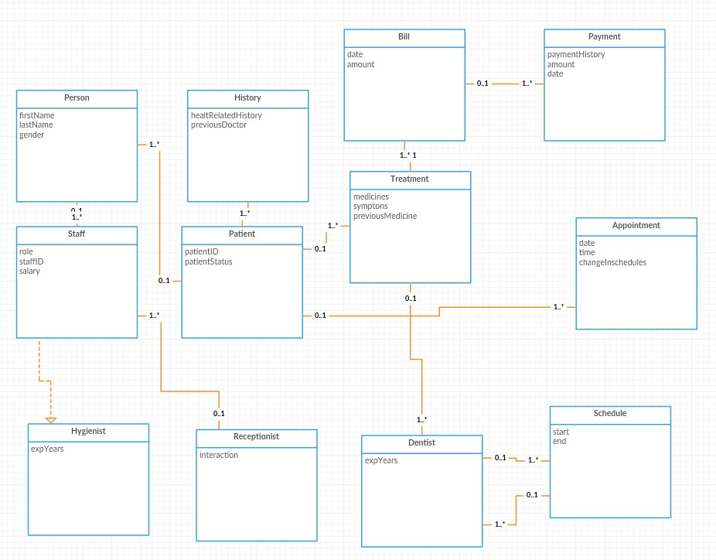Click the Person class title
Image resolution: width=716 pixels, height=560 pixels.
coord(77,98)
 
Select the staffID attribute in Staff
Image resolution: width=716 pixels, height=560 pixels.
coord(32,261)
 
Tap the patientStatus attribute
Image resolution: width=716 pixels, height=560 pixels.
coord(208,261)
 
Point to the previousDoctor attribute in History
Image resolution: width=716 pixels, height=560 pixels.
coord(219,125)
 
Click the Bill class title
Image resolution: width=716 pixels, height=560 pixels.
coord(404,37)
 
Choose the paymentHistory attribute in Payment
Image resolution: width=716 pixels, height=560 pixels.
coord(576,55)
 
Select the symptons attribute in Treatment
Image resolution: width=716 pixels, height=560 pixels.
coord(370,207)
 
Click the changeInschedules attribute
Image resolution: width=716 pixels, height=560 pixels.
coord(612,262)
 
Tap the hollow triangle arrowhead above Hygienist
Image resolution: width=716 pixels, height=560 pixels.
coord(50,420)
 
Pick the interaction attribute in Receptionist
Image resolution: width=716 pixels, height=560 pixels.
coord(219,455)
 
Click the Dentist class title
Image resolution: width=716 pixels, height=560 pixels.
coord(421,442)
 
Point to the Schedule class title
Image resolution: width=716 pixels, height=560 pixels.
coord(610,413)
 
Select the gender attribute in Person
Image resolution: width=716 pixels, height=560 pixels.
coord(32,135)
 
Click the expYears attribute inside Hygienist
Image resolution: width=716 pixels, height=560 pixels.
coord(47,448)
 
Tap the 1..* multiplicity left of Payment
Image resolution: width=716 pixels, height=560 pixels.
coord(527,84)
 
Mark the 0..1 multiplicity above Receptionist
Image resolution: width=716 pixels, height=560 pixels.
coord(219,414)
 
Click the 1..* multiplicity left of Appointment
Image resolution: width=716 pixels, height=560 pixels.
coord(558,307)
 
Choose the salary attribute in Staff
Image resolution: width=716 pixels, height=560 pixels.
coord(29,271)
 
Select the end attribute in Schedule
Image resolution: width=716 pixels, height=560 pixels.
coord(559,442)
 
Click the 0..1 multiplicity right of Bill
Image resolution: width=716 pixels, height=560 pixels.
coord(482,84)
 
